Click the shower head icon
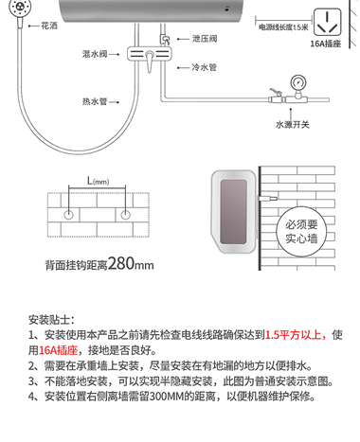(x=17, y=7)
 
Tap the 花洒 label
(x=49, y=26)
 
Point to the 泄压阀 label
(x=205, y=39)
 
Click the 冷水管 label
(x=204, y=67)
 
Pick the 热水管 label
(x=95, y=101)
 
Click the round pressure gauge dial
(x=298, y=82)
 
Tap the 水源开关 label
(x=293, y=125)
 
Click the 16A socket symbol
(x=328, y=22)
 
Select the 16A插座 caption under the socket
(x=326, y=44)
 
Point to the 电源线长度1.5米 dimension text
(x=283, y=27)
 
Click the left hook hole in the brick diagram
(x=68, y=215)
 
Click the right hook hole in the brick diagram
(x=125, y=215)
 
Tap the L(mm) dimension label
(x=98, y=181)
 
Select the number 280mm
(x=131, y=263)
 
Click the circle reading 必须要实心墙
(x=301, y=231)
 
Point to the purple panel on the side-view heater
(x=233, y=212)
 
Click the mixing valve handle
(x=150, y=61)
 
